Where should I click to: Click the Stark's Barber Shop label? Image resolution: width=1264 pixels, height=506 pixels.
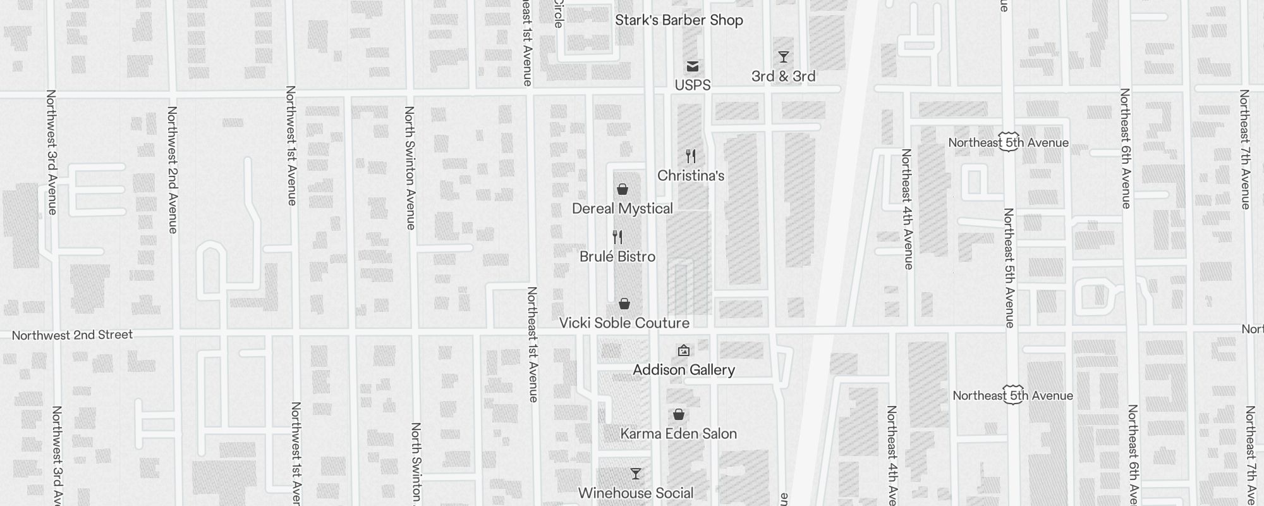[679, 20]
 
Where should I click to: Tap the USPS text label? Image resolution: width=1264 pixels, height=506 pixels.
[693, 85]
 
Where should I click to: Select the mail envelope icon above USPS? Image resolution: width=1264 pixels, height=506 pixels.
[693, 66]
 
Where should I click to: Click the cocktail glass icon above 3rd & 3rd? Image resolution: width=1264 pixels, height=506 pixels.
[784, 57]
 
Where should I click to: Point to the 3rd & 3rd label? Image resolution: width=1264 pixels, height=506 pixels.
[784, 77]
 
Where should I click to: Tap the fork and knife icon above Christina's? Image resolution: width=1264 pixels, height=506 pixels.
[691, 156]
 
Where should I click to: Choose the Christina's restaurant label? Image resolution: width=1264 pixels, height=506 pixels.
[691, 176]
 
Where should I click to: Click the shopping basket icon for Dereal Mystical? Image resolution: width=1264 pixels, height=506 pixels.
[623, 189]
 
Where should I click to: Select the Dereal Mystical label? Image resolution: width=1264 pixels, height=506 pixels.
[623, 209]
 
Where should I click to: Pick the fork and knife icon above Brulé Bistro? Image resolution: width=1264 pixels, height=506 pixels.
[617, 237]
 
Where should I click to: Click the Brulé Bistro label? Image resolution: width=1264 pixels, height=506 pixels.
[617, 257]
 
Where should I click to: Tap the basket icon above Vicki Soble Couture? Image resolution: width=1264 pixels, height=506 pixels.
[624, 304]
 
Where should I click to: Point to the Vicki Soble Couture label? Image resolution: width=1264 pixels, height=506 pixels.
[624, 323]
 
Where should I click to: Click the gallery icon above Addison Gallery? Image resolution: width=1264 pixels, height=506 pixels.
[684, 350]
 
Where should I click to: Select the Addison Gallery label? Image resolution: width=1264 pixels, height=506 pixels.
[684, 370]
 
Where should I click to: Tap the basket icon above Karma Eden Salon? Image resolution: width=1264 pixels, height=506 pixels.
[679, 414]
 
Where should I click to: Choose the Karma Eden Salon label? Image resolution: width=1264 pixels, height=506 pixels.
[679, 434]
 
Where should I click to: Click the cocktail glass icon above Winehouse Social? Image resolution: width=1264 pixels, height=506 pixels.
[636, 474]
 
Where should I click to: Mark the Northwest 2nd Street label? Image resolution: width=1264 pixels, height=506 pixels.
[73, 335]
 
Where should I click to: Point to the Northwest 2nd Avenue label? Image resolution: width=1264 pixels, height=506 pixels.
[173, 170]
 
